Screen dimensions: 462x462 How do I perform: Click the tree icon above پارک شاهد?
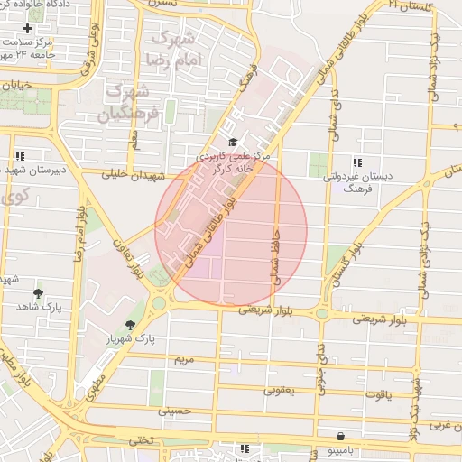coord(38,294)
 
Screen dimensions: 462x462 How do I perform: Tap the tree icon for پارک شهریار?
coord(131,326)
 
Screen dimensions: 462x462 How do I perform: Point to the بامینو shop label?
coord(342,449)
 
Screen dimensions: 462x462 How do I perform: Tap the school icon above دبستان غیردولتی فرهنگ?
coord(357,163)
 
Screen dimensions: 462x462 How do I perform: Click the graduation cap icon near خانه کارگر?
coord(233,143)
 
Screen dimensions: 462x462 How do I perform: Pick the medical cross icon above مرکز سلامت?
coord(28,28)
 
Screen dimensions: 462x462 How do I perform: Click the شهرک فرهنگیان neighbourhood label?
coord(132,103)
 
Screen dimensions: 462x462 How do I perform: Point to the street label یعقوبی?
coord(278,391)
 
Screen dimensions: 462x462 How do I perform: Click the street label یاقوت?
coord(379,394)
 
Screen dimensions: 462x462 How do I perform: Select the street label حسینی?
coord(176,411)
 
